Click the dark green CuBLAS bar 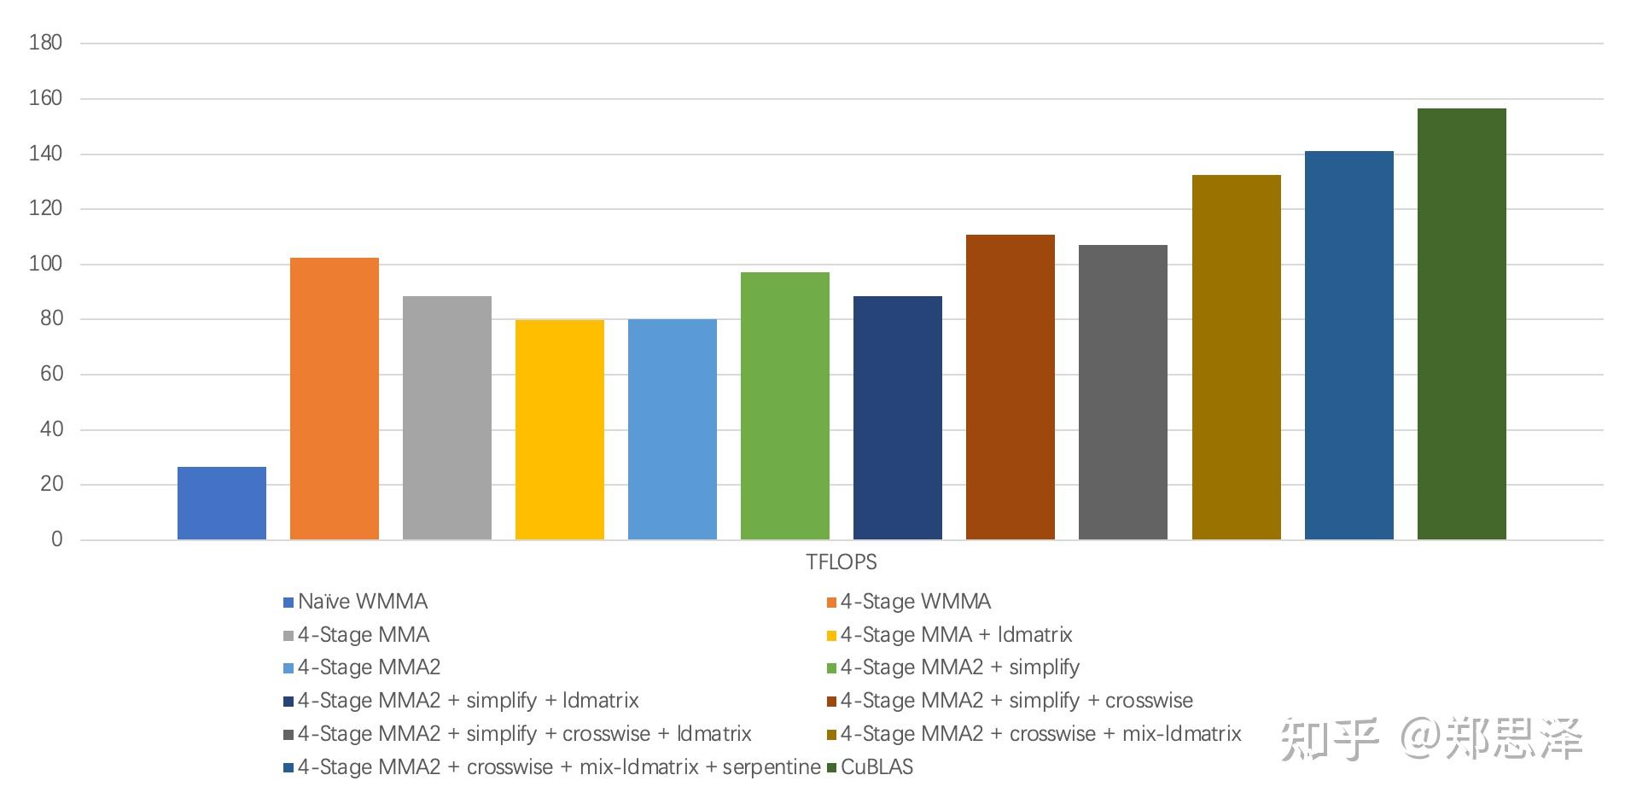click(1461, 324)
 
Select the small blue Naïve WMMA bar click(222, 504)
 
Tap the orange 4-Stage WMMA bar click(335, 399)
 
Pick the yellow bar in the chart click(560, 429)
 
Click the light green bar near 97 click(785, 406)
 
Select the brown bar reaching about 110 click(1011, 387)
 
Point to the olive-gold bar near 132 click(1236, 358)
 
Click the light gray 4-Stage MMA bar click(447, 418)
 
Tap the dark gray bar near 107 click(1123, 393)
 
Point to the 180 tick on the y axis click(45, 43)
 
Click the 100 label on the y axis click(45, 264)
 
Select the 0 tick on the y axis click(56, 539)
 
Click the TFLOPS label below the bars click(841, 562)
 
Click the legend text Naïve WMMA click(362, 602)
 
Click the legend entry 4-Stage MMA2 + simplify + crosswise click(1016, 701)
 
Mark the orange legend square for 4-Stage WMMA click(831, 603)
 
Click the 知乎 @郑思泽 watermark click(1431, 739)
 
